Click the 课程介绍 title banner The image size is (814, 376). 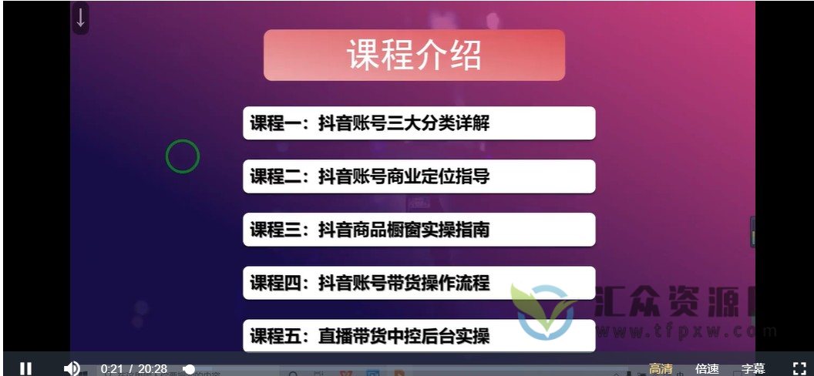pyautogui.click(x=414, y=55)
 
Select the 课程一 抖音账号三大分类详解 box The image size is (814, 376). pyautogui.click(x=419, y=123)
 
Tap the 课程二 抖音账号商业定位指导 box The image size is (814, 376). pyautogui.click(x=419, y=176)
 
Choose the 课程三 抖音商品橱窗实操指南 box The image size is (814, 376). pyautogui.click(x=419, y=230)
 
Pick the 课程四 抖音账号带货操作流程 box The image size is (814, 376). pyautogui.click(x=419, y=283)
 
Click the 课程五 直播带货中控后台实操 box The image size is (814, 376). pyautogui.click(x=419, y=336)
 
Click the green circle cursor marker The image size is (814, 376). pyautogui.click(x=183, y=156)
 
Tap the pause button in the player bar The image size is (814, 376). pyautogui.click(x=25, y=368)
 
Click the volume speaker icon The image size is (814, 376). pyautogui.click(x=72, y=368)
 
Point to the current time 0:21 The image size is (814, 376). pyautogui.click(x=112, y=369)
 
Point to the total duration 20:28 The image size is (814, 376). pyautogui.click(x=153, y=369)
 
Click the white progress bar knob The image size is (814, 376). pyautogui.click(x=190, y=370)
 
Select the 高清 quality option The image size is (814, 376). pyautogui.click(x=661, y=369)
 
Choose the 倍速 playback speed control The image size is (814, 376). pyautogui.click(x=707, y=369)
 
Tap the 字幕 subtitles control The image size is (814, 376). pyautogui.click(x=753, y=369)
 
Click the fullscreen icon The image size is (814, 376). pyautogui.click(x=799, y=368)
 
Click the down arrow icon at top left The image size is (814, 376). pyautogui.click(x=81, y=18)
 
